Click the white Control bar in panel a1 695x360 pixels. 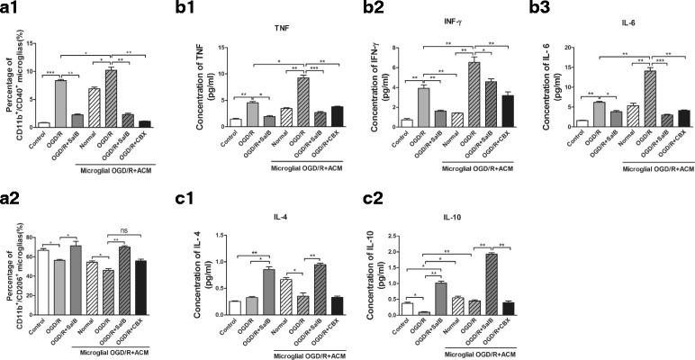[x=43, y=124]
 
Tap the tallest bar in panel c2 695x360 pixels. [x=466, y=283]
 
